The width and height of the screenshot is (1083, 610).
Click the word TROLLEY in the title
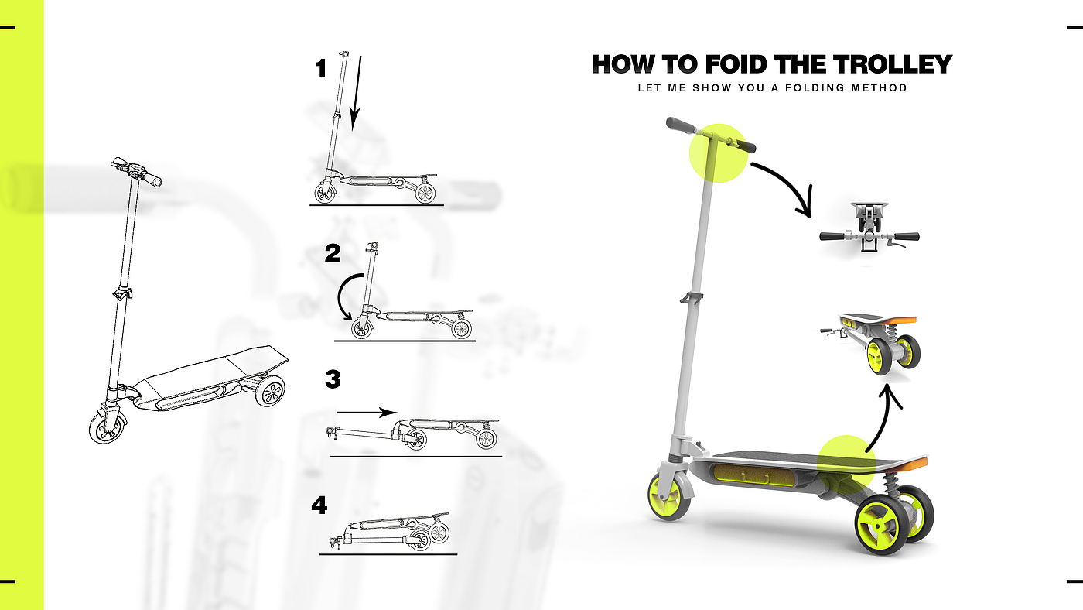point(893,64)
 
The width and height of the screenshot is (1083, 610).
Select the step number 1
point(320,68)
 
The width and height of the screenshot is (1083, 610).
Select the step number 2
point(333,253)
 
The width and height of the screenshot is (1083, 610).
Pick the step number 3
point(333,379)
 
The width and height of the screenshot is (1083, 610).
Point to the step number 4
point(319,505)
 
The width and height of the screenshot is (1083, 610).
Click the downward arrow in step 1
point(356,93)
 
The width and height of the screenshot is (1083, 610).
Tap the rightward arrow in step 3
point(367,413)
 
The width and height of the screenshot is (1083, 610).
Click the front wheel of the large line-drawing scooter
point(108,427)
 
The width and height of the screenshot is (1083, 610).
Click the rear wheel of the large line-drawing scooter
point(270,391)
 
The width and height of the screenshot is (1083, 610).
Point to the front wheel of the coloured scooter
point(670,496)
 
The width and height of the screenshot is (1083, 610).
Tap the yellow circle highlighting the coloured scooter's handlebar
point(719,152)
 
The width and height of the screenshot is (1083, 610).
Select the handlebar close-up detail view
point(869,228)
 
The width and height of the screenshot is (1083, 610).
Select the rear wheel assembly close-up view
point(871,344)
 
